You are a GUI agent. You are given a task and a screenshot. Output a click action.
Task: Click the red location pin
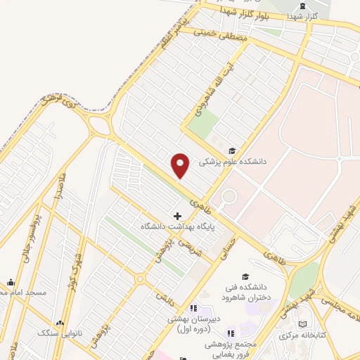point(181,165)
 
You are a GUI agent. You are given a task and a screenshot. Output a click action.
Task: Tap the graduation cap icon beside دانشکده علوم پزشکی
point(232,150)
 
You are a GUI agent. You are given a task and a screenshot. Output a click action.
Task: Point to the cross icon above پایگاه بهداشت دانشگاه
point(176,214)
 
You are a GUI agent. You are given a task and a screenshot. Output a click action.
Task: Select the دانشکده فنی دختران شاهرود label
point(245,292)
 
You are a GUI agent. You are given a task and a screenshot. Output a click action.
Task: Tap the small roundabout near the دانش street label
point(141,279)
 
